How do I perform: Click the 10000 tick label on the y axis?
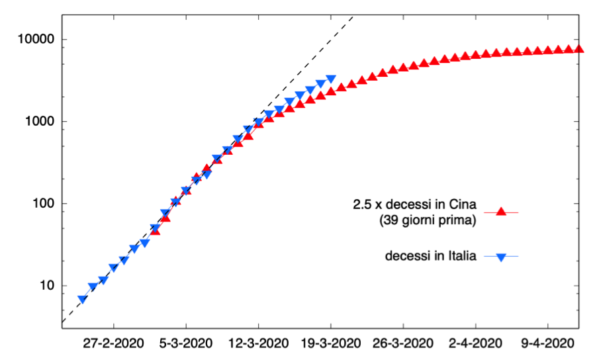32,40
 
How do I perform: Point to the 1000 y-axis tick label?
36,122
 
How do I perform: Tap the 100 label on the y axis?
39,204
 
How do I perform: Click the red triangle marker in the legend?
501,212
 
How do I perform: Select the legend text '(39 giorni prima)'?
428,220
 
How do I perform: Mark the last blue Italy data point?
331,79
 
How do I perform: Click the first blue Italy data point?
83,300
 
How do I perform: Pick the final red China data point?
579,48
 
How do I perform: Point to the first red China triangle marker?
155,230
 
